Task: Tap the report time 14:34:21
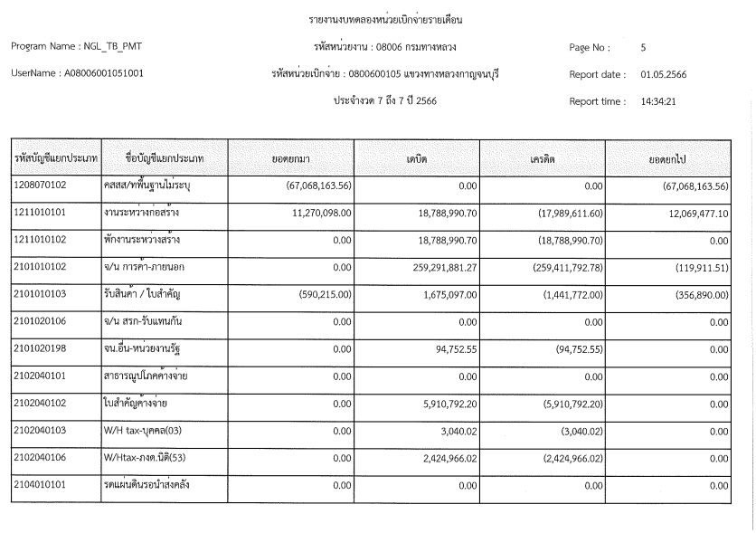(x=658, y=101)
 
